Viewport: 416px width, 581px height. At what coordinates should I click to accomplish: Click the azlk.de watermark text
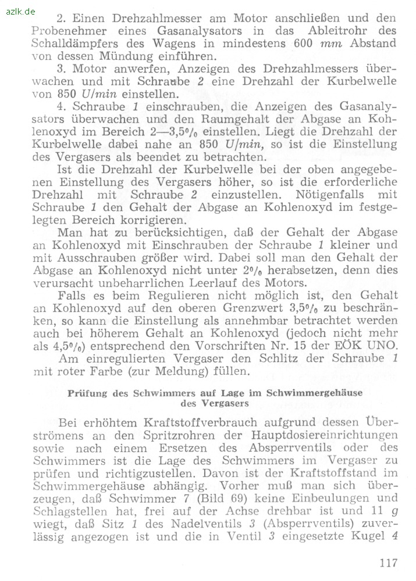point(20,11)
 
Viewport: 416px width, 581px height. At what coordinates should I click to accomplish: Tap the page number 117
point(387,562)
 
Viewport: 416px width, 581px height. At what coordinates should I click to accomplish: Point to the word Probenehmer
point(69,30)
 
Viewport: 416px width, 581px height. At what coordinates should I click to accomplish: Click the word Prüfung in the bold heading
point(88,393)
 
